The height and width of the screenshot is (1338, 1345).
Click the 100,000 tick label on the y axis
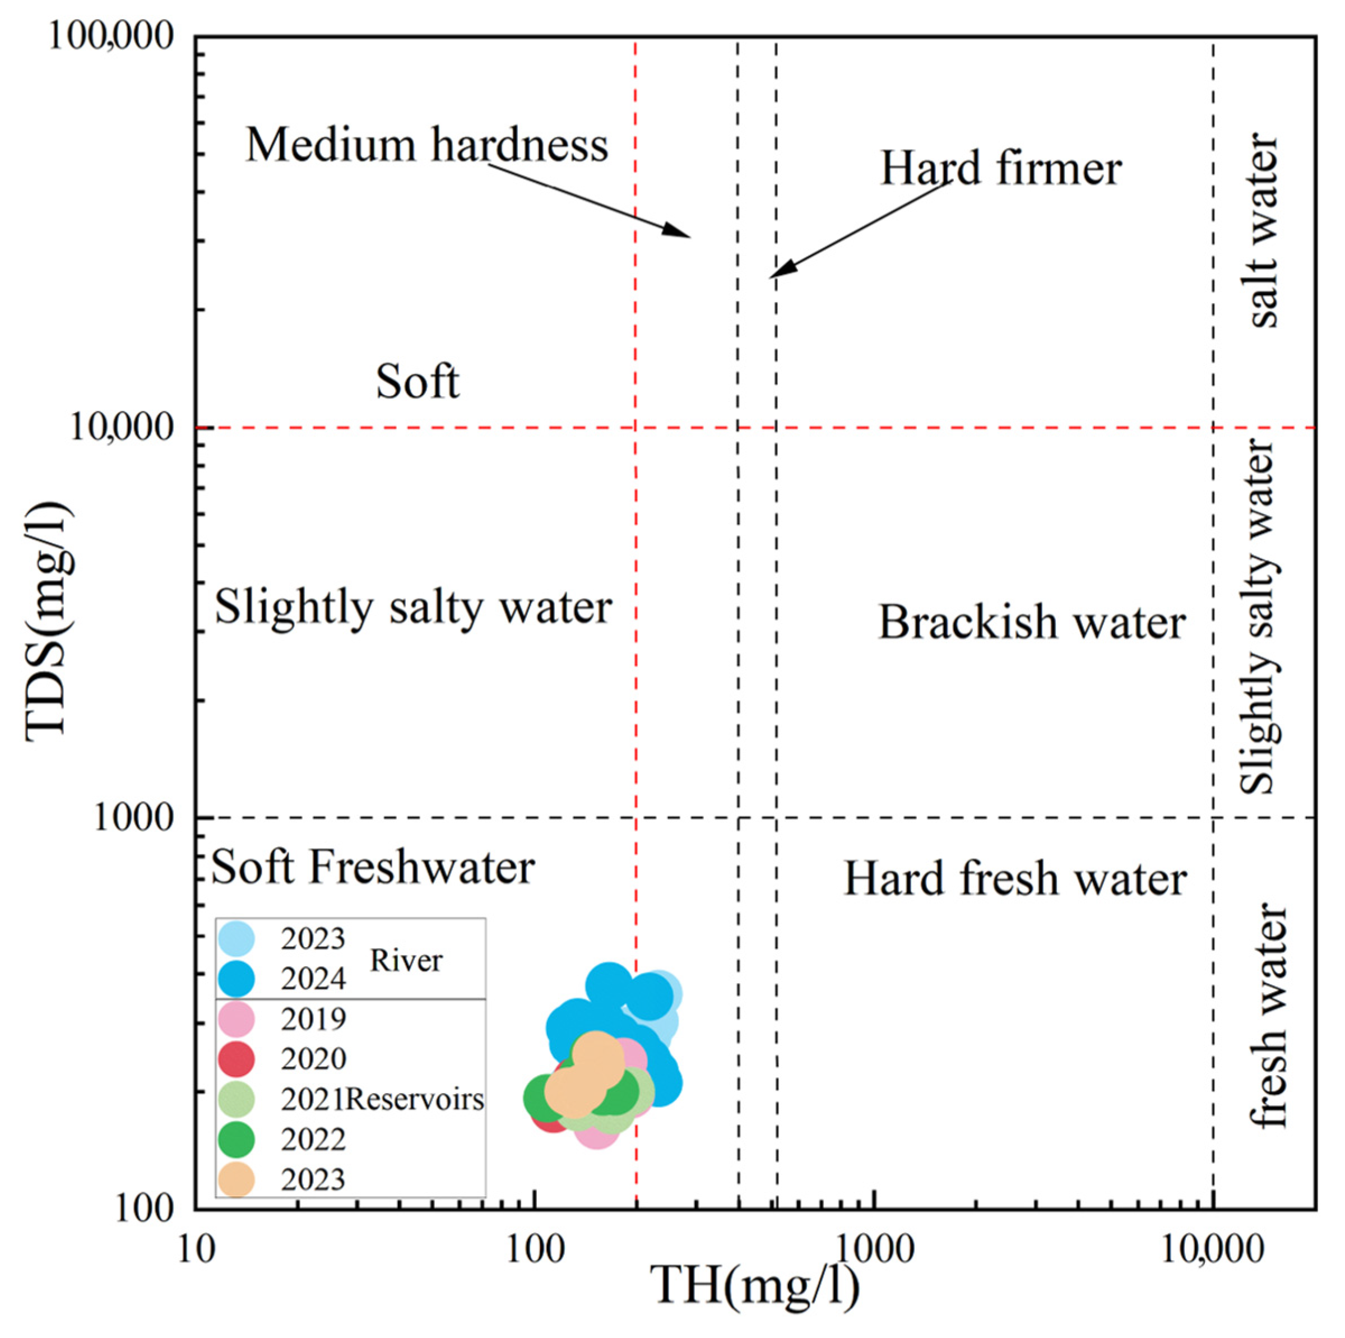pos(110,36)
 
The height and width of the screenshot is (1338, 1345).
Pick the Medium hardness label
pos(426,145)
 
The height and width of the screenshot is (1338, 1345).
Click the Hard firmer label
pos(1000,169)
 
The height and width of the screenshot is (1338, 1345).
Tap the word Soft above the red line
pos(418,382)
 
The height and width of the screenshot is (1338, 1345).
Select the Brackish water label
pos(1031,622)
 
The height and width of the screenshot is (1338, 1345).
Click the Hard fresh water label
pos(1015,878)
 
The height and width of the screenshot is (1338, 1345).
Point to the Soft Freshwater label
pos(373,867)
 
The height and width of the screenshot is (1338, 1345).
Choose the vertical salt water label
pos(1264,231)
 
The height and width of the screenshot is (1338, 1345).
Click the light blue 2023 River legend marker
pos(236,938)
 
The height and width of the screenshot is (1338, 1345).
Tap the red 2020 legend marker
pos(236,1059)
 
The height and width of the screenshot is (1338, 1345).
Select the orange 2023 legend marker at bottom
pos(236,1179)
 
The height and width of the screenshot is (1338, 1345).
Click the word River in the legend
pos(406,960)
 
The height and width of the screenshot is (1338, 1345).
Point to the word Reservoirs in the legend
pos(415,1099)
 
